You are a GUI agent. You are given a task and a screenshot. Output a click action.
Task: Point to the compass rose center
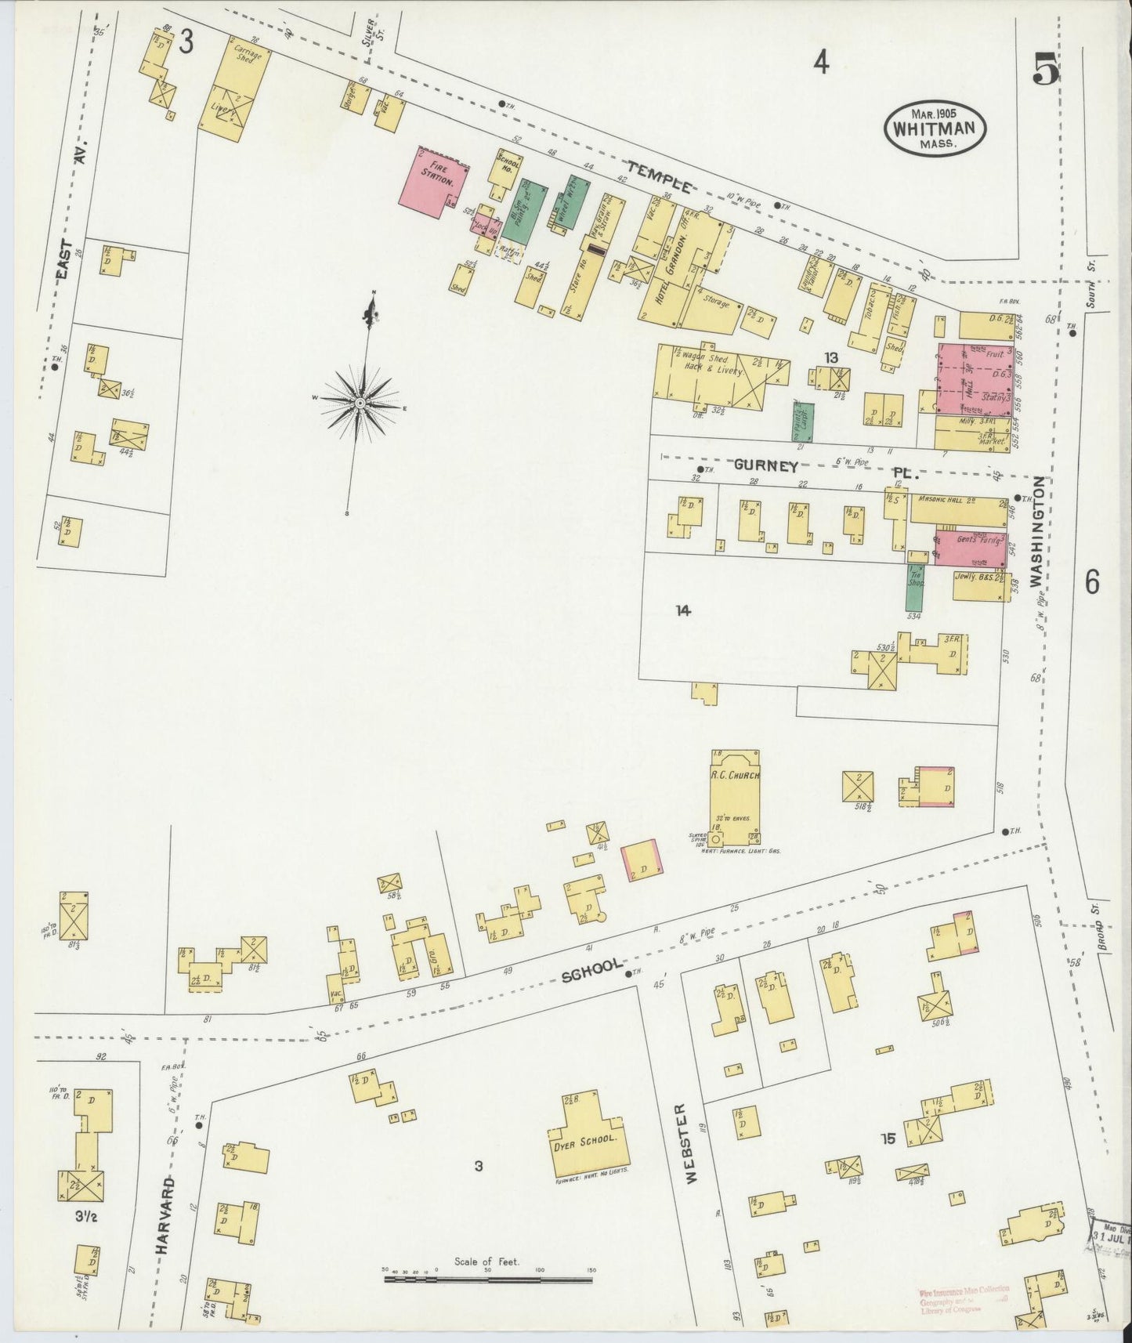coord(359,402)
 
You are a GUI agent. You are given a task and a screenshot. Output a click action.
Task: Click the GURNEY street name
coord(765,465)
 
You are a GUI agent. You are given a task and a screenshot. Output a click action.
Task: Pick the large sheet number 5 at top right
coord(1044,71)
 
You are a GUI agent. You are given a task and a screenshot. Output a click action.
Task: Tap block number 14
coord(684,610)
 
